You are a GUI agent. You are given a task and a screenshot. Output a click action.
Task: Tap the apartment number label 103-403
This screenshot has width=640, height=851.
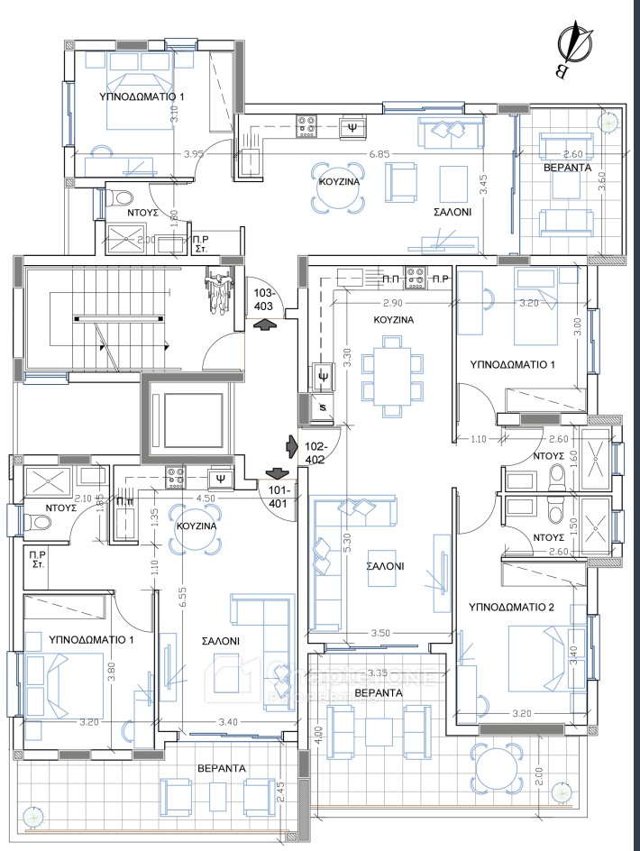(x=263, y=298)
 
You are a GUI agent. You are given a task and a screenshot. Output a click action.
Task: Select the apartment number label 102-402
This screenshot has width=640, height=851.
(x=315, y=453)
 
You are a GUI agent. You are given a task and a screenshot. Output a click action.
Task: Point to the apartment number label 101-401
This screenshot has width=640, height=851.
(x=277, y=496)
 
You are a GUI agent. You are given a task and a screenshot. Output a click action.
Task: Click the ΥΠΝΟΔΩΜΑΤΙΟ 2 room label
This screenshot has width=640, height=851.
(x=513, y=608)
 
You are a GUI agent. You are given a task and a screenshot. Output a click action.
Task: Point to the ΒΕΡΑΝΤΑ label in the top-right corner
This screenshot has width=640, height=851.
(x=567, y=169)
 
